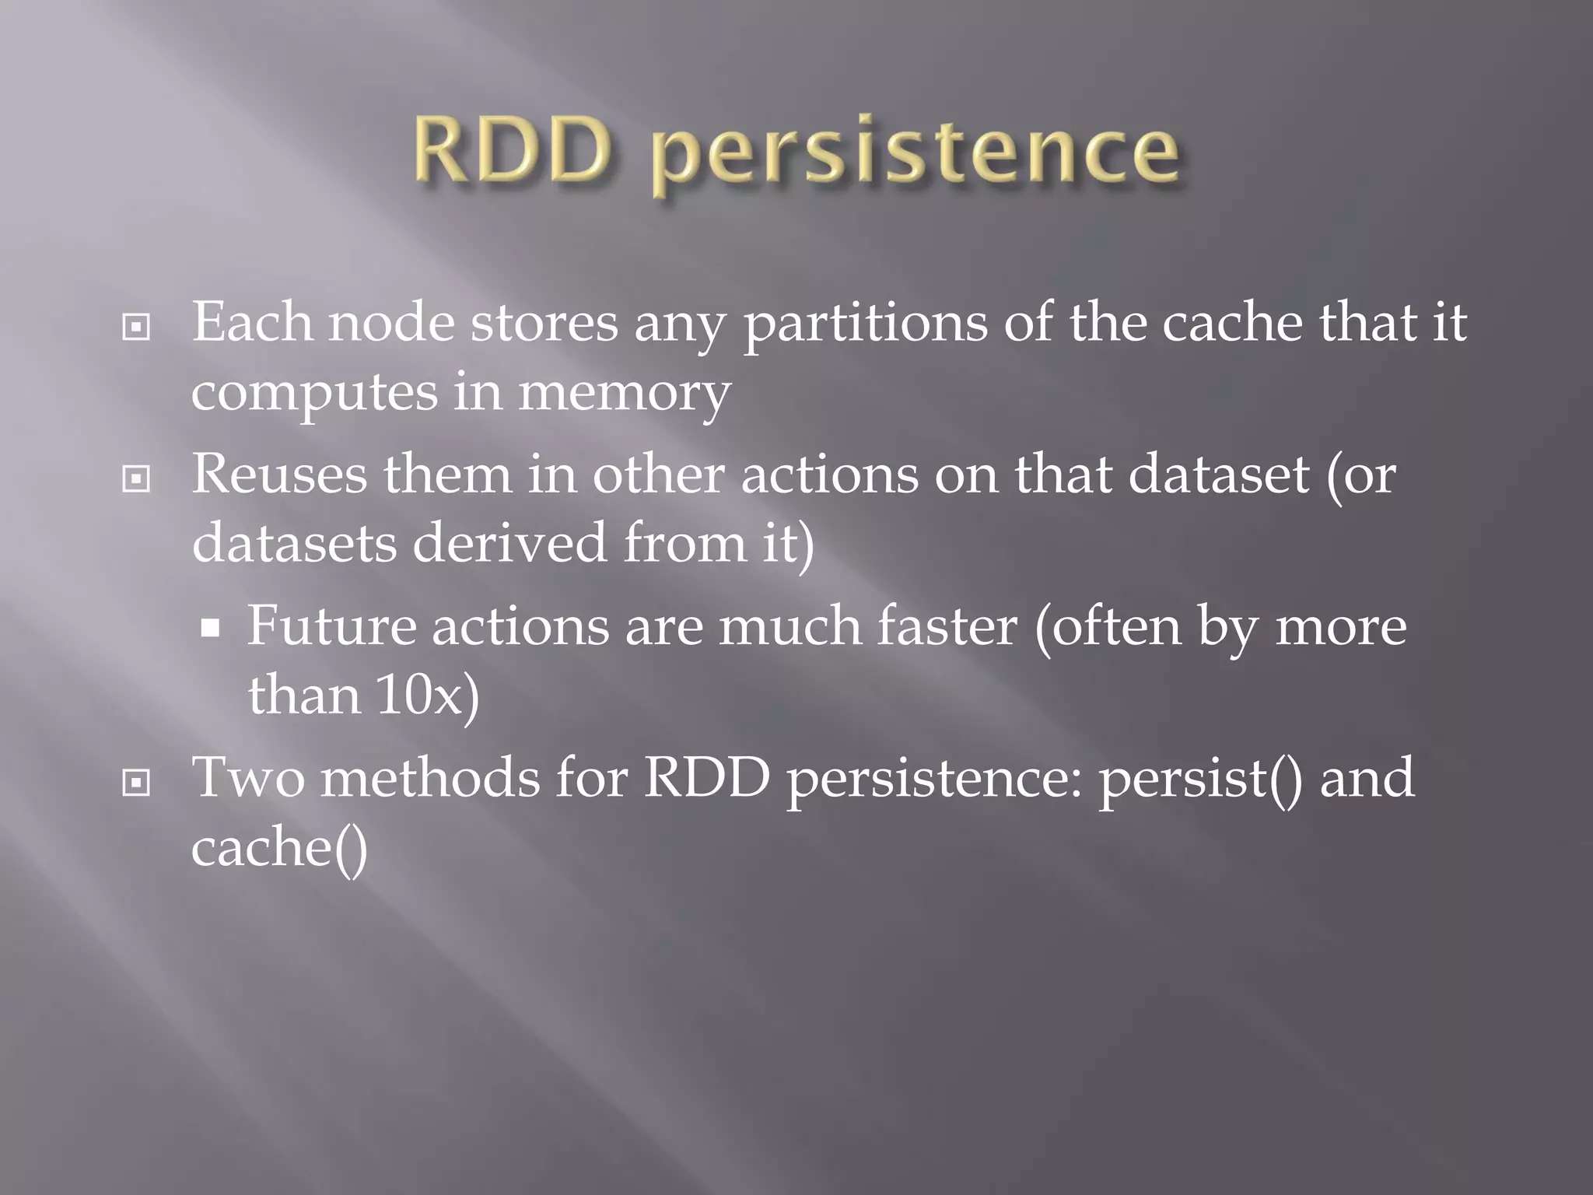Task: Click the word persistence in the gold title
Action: coord(915,154)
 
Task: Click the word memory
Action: coord(624,394)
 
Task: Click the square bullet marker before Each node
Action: coord(136,328)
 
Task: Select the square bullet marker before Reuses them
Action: coord(136,479)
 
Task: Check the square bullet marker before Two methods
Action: coord(136,783)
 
